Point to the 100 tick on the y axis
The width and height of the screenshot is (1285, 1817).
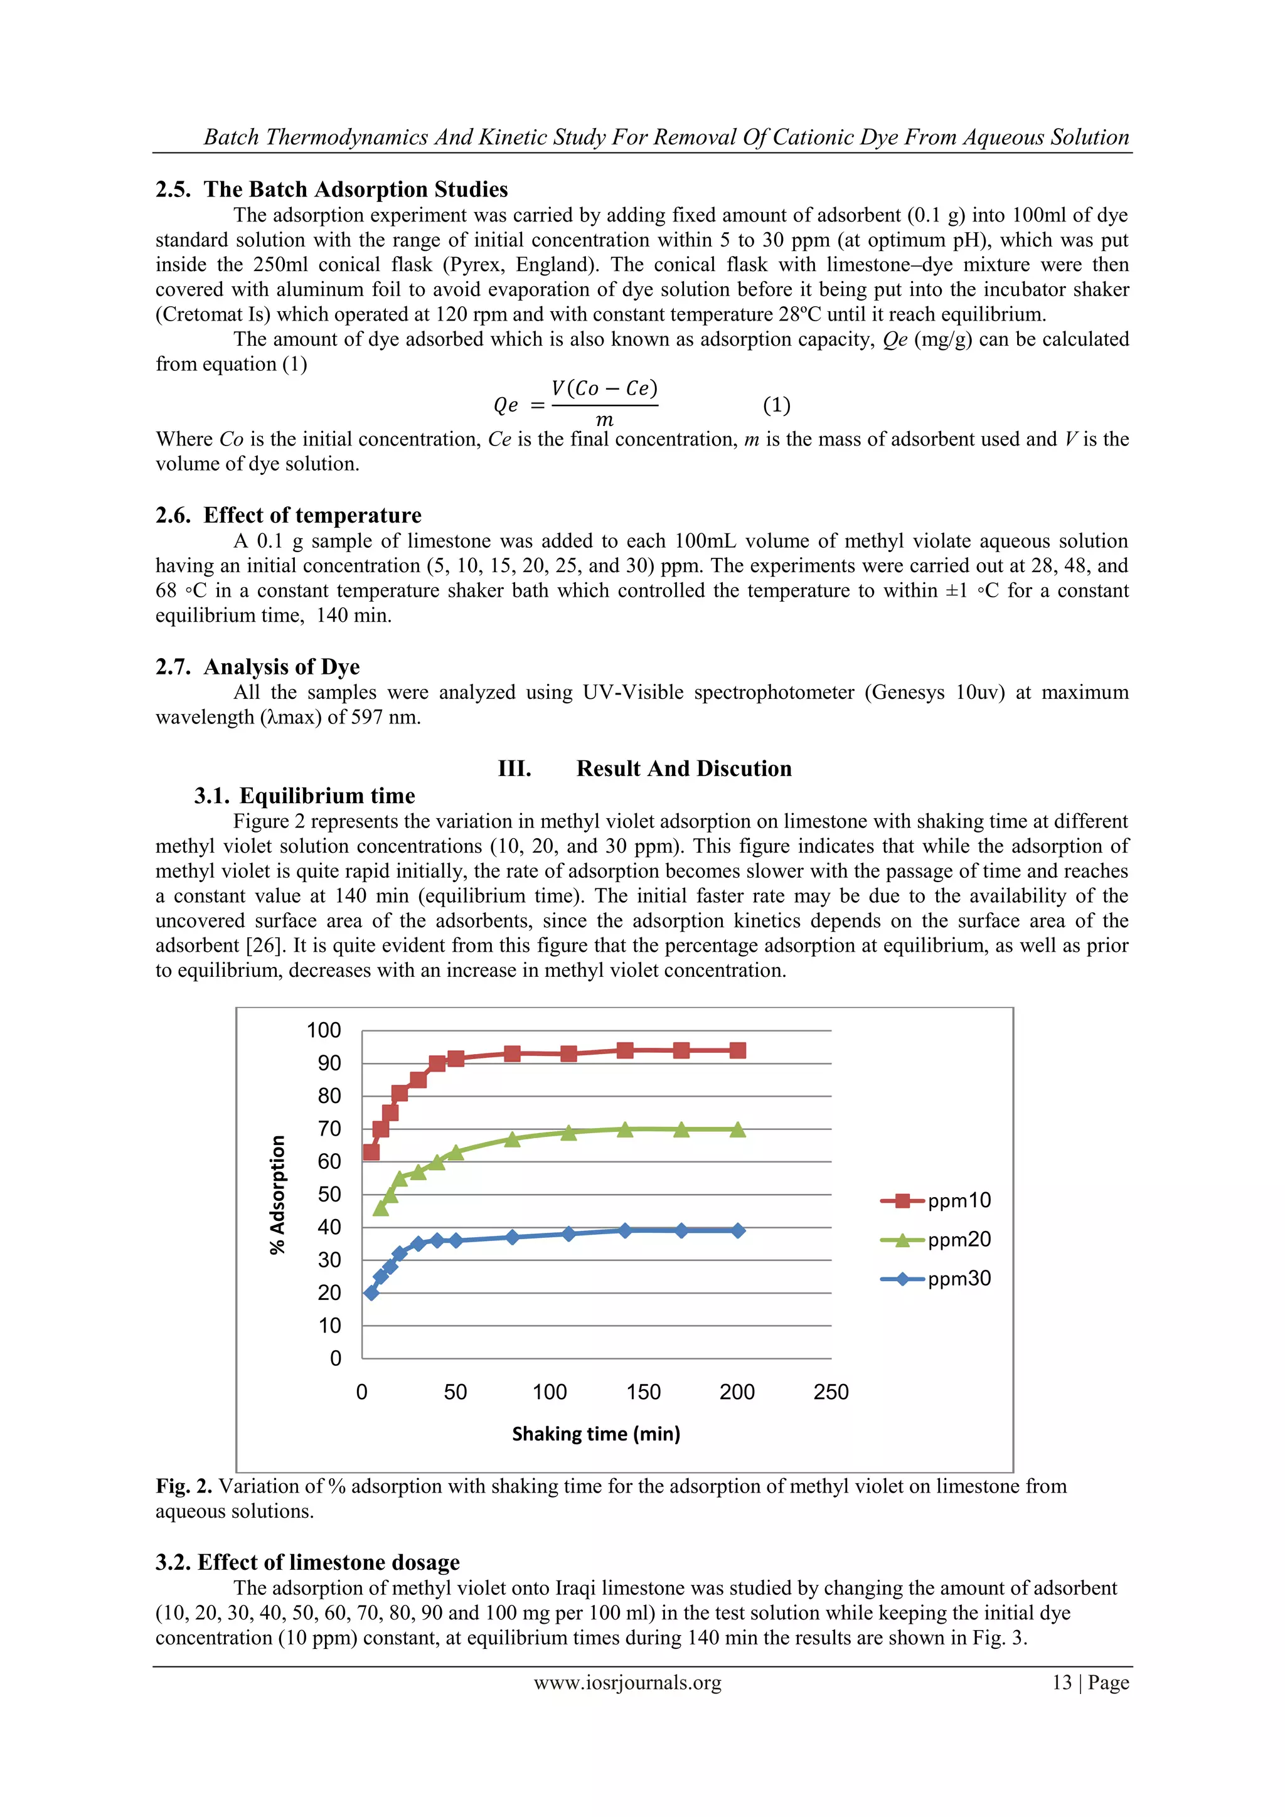(324, 1030)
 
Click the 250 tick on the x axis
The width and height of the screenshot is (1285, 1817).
(831, 1392)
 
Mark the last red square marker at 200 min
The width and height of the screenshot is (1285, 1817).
(737, 1050)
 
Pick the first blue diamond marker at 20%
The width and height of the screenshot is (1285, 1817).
(371, 1292)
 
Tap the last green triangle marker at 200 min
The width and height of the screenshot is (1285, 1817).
(737, 1130)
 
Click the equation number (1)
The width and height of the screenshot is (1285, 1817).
(776, 405)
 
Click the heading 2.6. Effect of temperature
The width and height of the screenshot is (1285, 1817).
(289, 515)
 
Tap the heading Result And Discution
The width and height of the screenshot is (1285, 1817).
(684, 769)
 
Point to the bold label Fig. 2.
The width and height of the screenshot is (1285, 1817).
(184, 1486)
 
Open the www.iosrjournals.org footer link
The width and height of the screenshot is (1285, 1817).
(627, 1683)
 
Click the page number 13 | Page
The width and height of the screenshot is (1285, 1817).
(1090, 1683)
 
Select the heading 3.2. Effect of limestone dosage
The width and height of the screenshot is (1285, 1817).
(308, 1562)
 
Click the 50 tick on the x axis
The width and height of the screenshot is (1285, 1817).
(455, 1392)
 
